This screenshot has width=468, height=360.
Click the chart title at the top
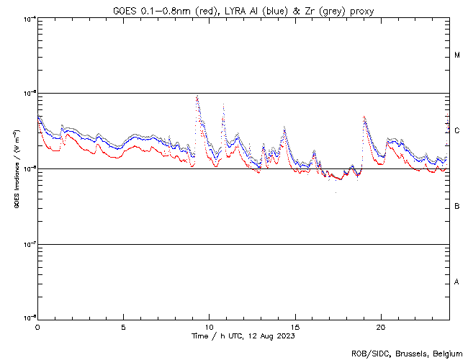click(x=243, y=11)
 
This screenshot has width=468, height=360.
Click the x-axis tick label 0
click(x=37, y=327)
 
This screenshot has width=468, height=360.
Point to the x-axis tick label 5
click(x=123, y=327)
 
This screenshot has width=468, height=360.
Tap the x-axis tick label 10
click(x=209, y=327)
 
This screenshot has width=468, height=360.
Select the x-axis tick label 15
click(x=294, y=327)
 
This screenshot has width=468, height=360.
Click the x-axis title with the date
click(x=243, y=336)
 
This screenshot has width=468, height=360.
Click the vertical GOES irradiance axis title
click(x=16, y=168)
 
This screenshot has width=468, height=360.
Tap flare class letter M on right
click(x=457, y=55)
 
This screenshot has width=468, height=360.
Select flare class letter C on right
click(x=457, y=131)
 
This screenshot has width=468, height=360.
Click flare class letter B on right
click(x=457, y=207)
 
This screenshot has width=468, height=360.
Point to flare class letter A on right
click(x=457, y=282)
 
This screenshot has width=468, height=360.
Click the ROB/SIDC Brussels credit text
click(x=406, y=354)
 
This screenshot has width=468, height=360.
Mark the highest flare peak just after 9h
click(x=197, y=96)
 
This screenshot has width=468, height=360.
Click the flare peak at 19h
click(x=364, y=117)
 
